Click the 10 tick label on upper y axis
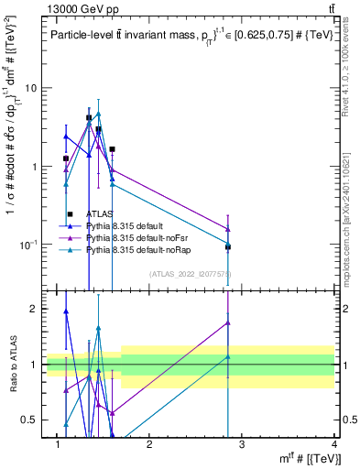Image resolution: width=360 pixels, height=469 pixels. pos(29,88)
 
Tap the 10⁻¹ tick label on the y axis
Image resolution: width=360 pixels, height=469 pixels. pos(27,244)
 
